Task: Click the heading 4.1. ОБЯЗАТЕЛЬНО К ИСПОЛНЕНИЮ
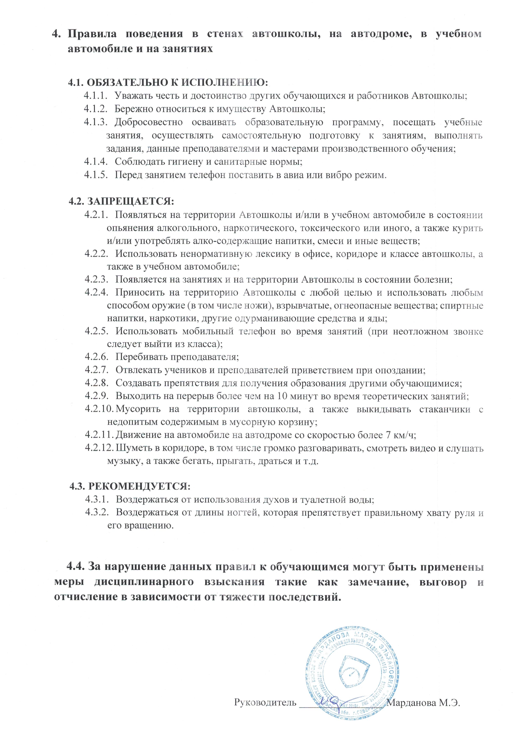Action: tap(168, 82)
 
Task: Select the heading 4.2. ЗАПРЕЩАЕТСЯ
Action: tap(122, 201)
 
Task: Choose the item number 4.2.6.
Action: tap(97, 357)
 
